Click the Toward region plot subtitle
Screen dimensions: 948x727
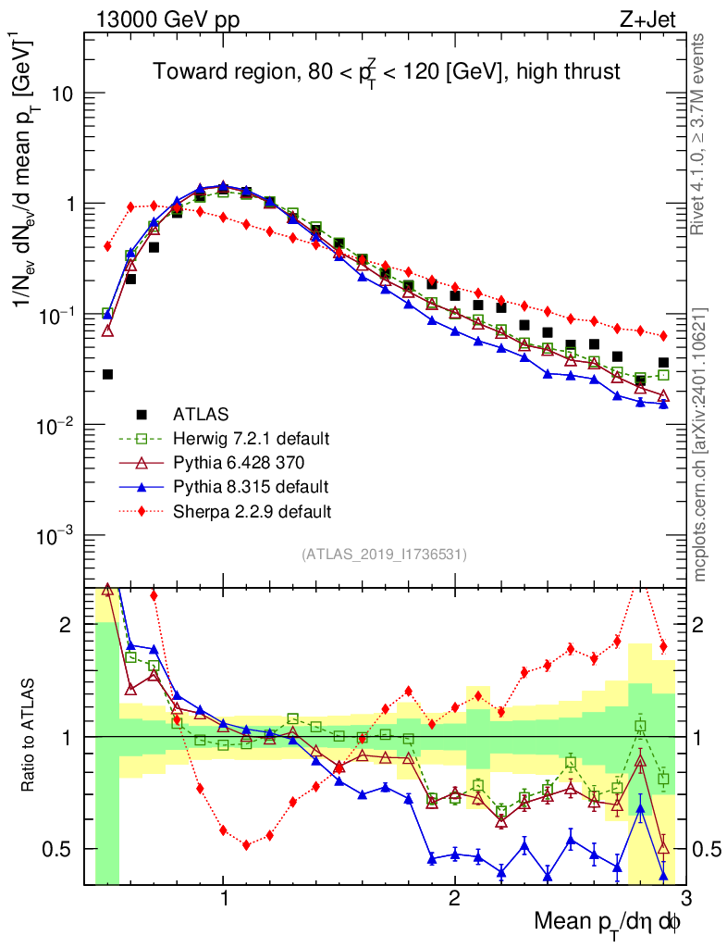[387, 70]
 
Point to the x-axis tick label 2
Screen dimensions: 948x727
[454, 898]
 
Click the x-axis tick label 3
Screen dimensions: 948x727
[684, 898]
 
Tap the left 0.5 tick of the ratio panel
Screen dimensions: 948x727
[62, 849]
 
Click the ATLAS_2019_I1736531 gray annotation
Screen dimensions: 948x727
[384, 555]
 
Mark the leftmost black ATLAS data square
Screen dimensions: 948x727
[107, 374]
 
